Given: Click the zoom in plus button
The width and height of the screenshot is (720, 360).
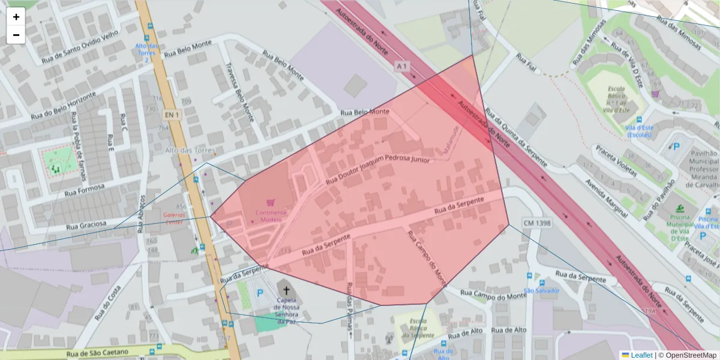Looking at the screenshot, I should tap(16, 17).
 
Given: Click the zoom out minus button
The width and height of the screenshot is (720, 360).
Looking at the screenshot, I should tap(16, 35).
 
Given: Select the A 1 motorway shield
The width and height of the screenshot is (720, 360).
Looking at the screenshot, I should tap(402, 65).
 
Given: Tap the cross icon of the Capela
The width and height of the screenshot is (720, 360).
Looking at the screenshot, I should tap(286, 291).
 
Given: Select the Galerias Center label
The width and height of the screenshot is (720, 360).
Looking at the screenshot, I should tap(174, 218).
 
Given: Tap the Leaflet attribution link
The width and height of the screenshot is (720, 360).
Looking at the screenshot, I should tap(641, 355).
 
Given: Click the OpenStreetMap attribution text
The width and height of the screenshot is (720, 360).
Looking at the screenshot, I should tap(691, 355).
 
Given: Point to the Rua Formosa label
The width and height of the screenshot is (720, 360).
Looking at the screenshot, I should tap(84, 190).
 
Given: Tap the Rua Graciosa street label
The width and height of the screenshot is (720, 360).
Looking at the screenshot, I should tap(86, 226).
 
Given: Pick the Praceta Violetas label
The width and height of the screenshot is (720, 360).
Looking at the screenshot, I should tap(616, 161).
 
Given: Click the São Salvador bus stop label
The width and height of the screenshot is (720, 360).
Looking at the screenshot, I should tap(541, 291).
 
